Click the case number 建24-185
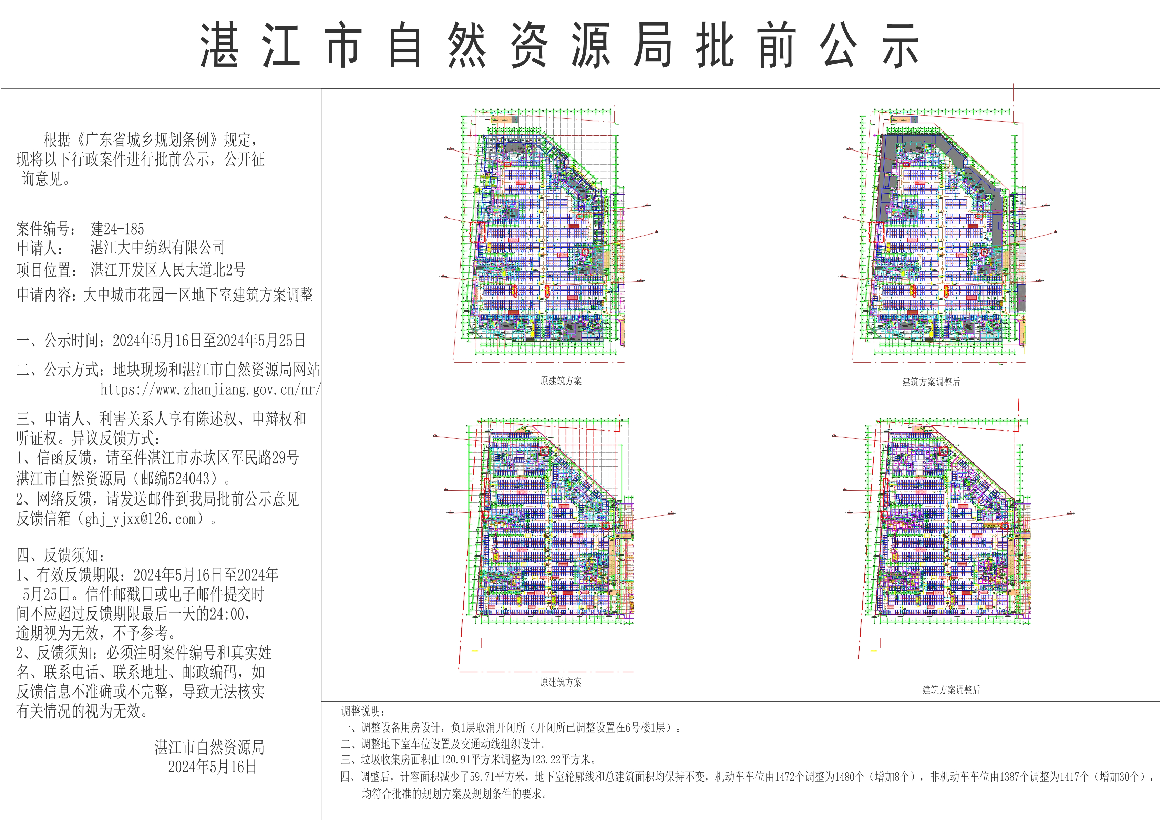tap(117, 229)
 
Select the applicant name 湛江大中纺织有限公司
tap(157, 248)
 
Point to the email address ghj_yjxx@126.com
tap(140, 519)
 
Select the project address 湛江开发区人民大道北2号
tap(168, 270)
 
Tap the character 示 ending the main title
tap(900, 45)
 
